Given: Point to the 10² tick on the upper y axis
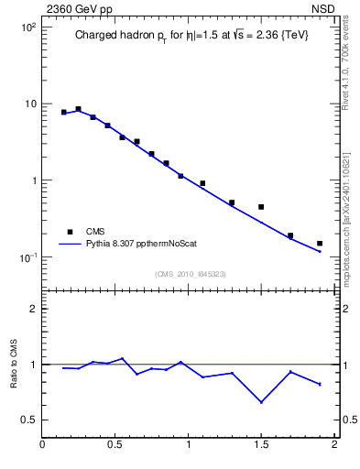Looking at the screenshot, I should (27, 27).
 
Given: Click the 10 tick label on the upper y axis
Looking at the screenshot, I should (29, 104).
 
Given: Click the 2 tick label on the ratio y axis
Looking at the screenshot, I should (33, 309).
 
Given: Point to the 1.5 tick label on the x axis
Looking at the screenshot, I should (261, 446).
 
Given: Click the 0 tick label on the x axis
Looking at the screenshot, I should (43, 446).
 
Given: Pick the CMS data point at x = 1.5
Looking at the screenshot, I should (261, 207).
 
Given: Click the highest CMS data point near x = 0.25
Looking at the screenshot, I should (79, 109).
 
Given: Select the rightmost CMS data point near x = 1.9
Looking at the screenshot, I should (320, 244).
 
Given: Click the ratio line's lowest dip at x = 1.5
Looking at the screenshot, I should (261, 402).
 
